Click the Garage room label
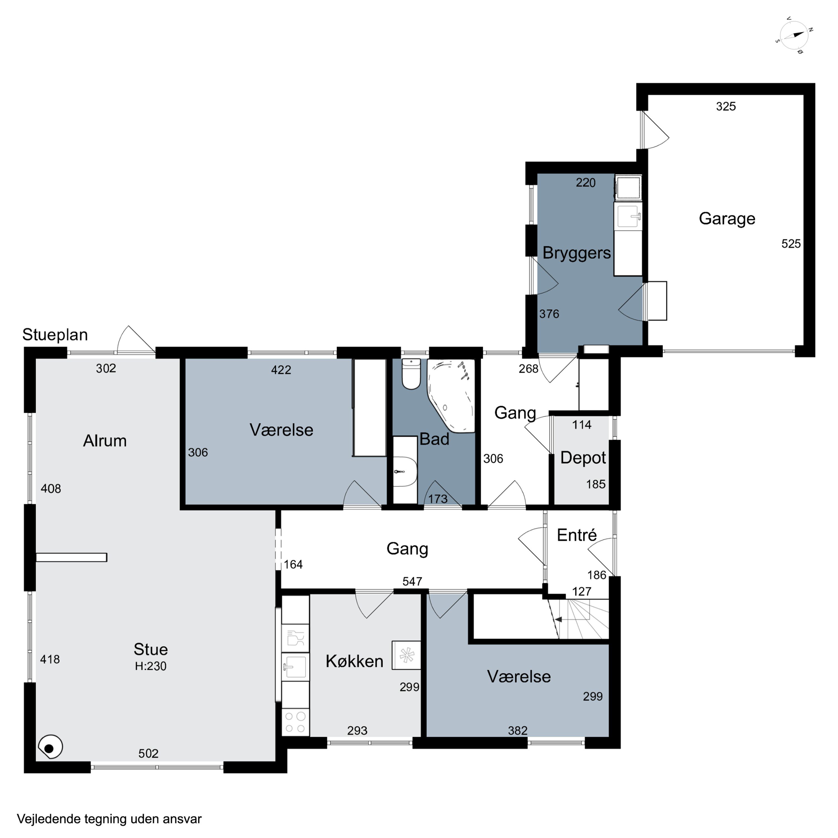tap(727, 219)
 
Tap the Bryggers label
tap(577, 253)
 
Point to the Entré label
tap(577, 535)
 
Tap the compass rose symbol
tap(794, 35)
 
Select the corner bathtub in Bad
tap(451, 396)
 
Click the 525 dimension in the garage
tap(791, 244)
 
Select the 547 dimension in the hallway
tap(412, 581)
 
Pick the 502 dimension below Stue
tap(148, 753)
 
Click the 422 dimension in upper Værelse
tap(281, 370)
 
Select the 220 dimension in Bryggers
tap(585, 183)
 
